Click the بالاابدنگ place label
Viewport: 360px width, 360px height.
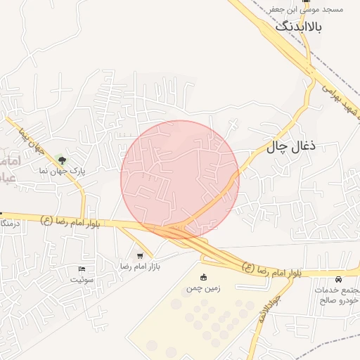tap(297, 27)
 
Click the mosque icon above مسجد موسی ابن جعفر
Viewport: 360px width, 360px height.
tap(306, 1)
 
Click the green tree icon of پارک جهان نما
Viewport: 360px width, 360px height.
tap(61, 161)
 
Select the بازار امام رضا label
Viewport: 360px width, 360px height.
tap(140, 266)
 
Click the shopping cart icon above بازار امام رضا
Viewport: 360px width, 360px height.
tap(140, 256)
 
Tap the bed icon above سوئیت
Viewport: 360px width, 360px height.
tap(81, 269)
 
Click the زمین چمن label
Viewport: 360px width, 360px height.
tap(204, 288)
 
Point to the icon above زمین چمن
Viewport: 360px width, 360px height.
tap(204, 277)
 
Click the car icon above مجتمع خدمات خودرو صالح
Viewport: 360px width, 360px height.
tap(340, 280)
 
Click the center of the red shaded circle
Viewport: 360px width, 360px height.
tap(179, 179)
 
